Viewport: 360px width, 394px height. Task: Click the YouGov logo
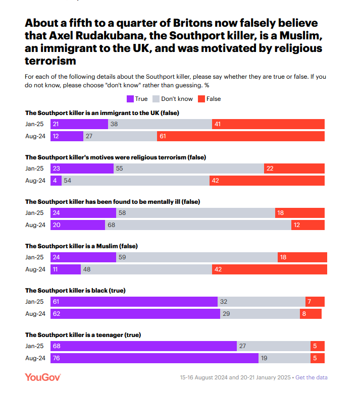[43, 377]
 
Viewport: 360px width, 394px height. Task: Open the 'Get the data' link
[311, 377]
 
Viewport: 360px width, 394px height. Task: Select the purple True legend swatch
[130, 99]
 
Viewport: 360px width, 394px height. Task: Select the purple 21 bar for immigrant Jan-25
[79, 124]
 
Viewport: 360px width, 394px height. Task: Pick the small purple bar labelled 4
[56, 181]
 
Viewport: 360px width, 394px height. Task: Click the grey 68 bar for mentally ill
[198, 225]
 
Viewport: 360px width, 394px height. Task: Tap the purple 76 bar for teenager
[154, 358]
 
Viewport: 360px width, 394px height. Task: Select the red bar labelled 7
[315, 302]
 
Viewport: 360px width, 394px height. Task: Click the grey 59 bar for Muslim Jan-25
[196, 257]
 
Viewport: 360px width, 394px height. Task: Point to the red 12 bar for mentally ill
[307, 225]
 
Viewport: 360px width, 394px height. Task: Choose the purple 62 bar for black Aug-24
[135, 314]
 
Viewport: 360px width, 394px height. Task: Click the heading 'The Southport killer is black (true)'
[75, 290]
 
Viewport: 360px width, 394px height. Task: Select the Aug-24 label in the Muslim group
[35, 269]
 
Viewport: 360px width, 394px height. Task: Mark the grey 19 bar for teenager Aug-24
[284, 358]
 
